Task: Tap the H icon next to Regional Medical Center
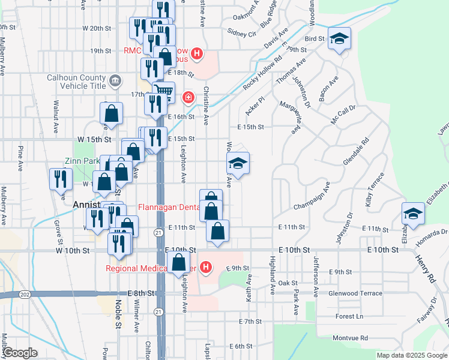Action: pos(206,267)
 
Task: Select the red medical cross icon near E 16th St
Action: pos(188,97)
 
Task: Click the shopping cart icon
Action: pos(163,92)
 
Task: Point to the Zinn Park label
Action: pos(82,161)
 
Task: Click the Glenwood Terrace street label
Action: pos(355,293)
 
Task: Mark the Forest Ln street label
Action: pos(350,316)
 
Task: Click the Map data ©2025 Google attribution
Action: pos(412,355)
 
